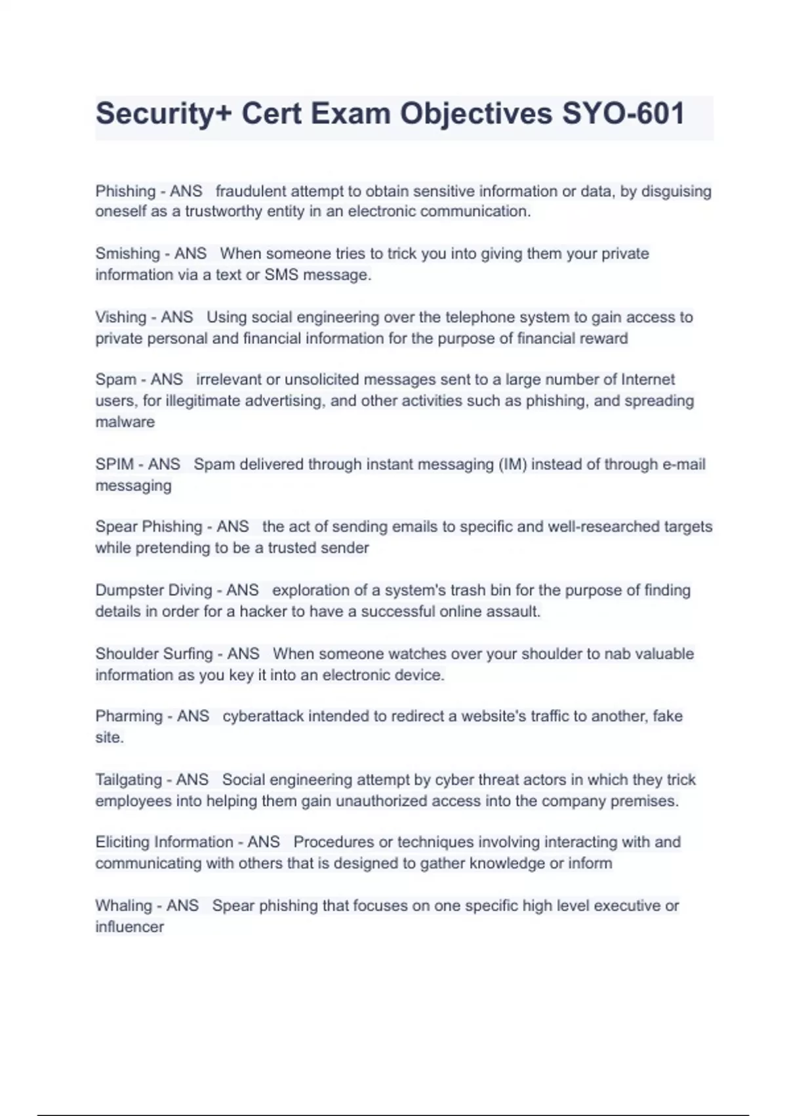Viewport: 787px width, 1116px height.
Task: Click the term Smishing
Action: pos(127,253)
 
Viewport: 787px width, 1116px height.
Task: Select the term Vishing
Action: pos(120,317)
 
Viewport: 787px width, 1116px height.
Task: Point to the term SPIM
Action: pos(114,464)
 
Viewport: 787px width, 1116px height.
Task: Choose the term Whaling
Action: pos(123,906)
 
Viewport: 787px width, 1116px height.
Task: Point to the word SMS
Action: pos(281,275)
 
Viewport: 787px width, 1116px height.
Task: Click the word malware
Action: pos(125,422)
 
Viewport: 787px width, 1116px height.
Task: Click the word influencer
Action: pos(129,927)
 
